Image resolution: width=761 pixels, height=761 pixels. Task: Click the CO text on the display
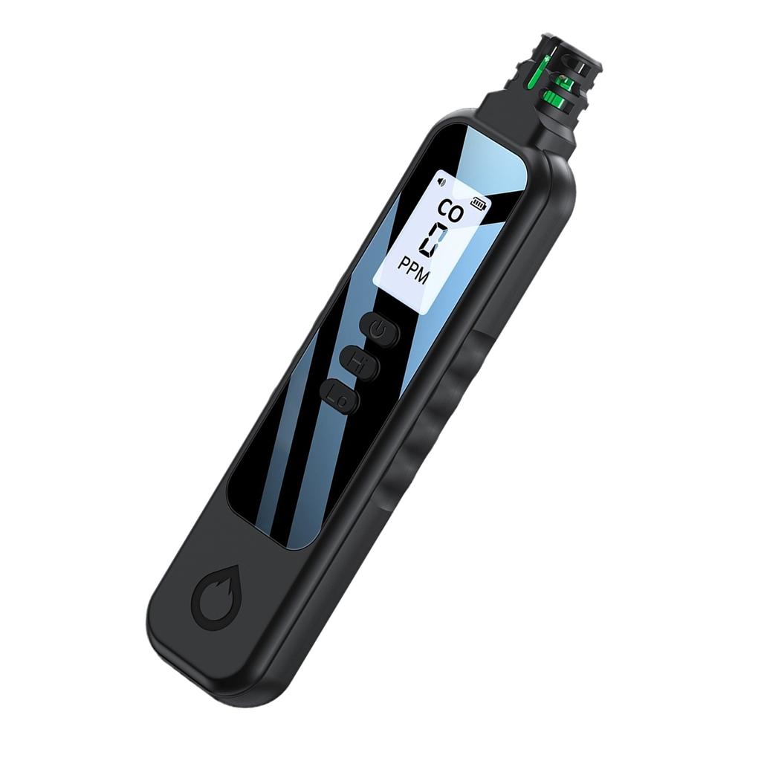pyautogui.click(x=451, y=208)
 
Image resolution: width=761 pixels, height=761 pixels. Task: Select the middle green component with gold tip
pyautogui.click(x=565, y=83)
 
